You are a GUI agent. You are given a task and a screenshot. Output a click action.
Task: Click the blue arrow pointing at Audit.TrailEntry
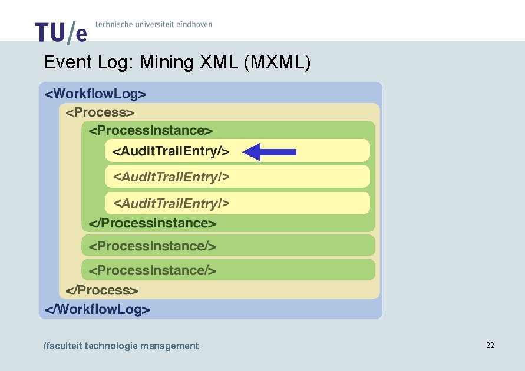pyautogui.click(x=269, y=152)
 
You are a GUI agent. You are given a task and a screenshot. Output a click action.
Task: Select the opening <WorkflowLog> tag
pyautogui.click(x=95, y=93)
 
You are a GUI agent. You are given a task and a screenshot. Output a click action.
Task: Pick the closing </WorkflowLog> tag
pyautogui.click(x=97, y=309)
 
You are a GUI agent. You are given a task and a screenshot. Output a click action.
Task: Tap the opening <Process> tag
pyautogui.click(x=100, y=112)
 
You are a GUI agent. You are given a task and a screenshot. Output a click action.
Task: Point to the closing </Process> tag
pyautogui.click(x=102, y=290)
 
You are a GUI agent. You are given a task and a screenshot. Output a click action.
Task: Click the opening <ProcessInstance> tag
pyautogui.click(x=150, y=131)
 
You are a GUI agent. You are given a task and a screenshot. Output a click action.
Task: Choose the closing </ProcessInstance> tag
pyautogui.click(x=152, y=223)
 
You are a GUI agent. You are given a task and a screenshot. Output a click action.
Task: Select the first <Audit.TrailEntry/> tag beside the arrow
pyautogui.click(x=170, y=151)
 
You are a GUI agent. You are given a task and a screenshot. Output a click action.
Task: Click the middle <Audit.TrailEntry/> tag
pyautogui.click(x=171, y=176)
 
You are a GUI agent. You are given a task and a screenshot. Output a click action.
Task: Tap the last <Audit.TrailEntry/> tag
pyautogui.click(x=171, y=203)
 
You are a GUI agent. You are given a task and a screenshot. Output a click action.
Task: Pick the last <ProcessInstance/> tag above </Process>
pyautogui.click(x=152, y=270)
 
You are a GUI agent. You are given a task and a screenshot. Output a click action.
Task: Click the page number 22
pyautogui.click(x=490, y=345)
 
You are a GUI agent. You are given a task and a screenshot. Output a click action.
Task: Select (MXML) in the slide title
pyautogui.click(x=276, y=62)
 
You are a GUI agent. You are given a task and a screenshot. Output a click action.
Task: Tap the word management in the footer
pyautogui.click(x=169, y=346)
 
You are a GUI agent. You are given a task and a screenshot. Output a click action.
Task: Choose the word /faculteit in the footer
pyautogui.click(x=62, y=346)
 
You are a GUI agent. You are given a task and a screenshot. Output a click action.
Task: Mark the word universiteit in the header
pyautogui.click(x=151, y=24)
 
